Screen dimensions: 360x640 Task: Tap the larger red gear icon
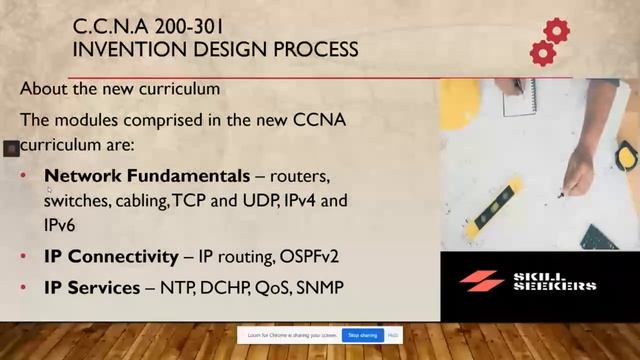556,30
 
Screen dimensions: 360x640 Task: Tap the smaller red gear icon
542,53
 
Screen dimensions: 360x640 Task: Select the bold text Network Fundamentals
147,176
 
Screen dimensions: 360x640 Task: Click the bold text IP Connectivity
110,257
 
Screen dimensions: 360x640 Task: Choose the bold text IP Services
92,288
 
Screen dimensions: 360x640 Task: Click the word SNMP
318,288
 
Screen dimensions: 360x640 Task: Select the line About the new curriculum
120,89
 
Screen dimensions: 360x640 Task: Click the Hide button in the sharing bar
394,335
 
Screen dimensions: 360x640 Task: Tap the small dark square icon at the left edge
11,148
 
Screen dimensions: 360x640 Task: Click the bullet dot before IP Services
24,288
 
